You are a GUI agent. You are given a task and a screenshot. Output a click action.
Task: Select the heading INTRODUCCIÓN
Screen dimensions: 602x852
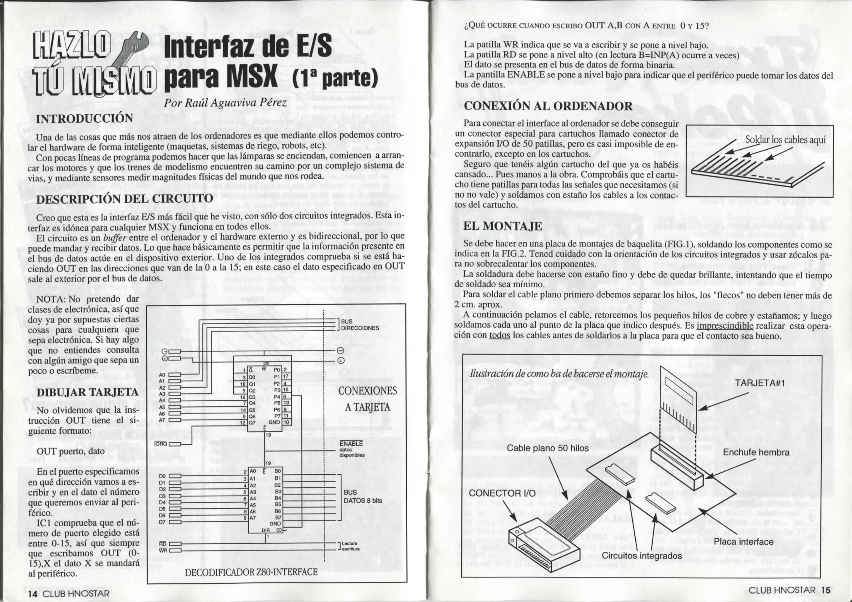pyautogui.click(x=84, y=119)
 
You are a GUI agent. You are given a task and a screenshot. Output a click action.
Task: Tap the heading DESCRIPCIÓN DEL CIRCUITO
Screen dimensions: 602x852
pyautogui.click(x=124, y=198)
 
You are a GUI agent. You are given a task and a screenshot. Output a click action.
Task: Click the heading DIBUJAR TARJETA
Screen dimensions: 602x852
pyautogui.click(x=88, y=392)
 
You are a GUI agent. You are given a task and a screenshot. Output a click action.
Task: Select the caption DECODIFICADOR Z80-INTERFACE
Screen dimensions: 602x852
pyautogui.click(x=251, y=572)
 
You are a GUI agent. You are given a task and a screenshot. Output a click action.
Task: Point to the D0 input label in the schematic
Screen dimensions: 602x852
pyautogui.click(x=162, y=476)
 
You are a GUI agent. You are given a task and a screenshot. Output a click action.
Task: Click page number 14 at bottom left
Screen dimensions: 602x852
pyautogui.click(x=33, y=593)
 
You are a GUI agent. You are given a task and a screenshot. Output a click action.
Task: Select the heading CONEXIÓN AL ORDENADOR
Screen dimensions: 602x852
pyautogui.click(x=548, y=106)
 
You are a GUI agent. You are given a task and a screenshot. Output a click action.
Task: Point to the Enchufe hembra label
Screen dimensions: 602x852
pyautogui.click(x=756, y=452)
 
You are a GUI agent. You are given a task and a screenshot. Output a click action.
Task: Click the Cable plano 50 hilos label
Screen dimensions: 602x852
pyautogui.click(x=547, y=448)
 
